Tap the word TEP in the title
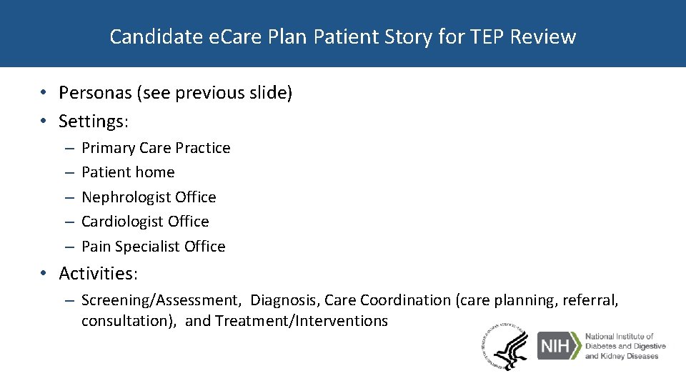point(484,36)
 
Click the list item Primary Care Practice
point(156,148)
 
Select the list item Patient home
point(128,172)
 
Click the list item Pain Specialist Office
point(153,247)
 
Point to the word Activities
point(98,274)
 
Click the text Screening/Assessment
point(161,300)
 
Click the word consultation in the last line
point(128,321)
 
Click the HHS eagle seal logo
point(504,345)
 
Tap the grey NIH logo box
point(559,346)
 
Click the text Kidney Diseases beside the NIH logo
point(622,356)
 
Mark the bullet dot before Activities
point(44,274)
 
